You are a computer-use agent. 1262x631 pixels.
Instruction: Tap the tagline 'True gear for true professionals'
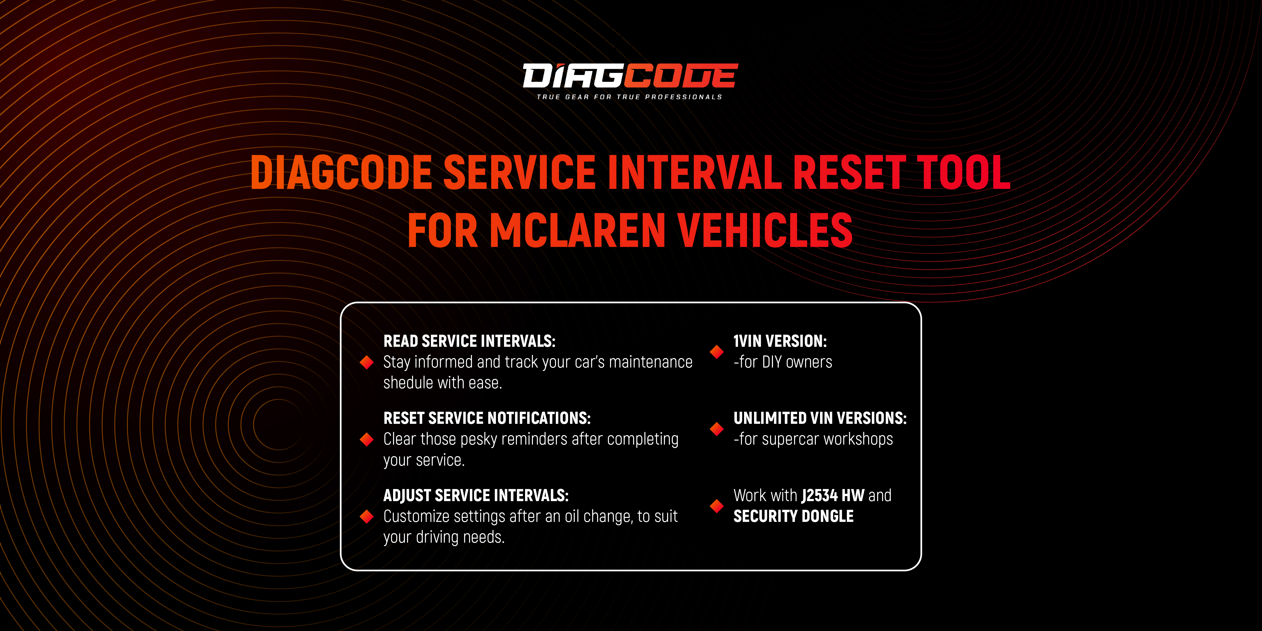[629, 97]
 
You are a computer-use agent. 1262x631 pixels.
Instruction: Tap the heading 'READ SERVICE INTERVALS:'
[469, 341]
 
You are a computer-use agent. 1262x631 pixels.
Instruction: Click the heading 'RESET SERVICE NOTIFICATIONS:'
[487, 418]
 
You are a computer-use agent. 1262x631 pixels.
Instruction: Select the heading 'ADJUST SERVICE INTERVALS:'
[476, 495]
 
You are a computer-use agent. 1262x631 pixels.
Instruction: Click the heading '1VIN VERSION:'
[780, 341]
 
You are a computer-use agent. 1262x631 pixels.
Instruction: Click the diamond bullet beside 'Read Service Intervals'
[367, 362]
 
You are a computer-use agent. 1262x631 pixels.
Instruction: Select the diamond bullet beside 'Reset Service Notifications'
[367, 439]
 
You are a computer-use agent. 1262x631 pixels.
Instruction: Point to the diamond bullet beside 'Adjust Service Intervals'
[367, 516]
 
